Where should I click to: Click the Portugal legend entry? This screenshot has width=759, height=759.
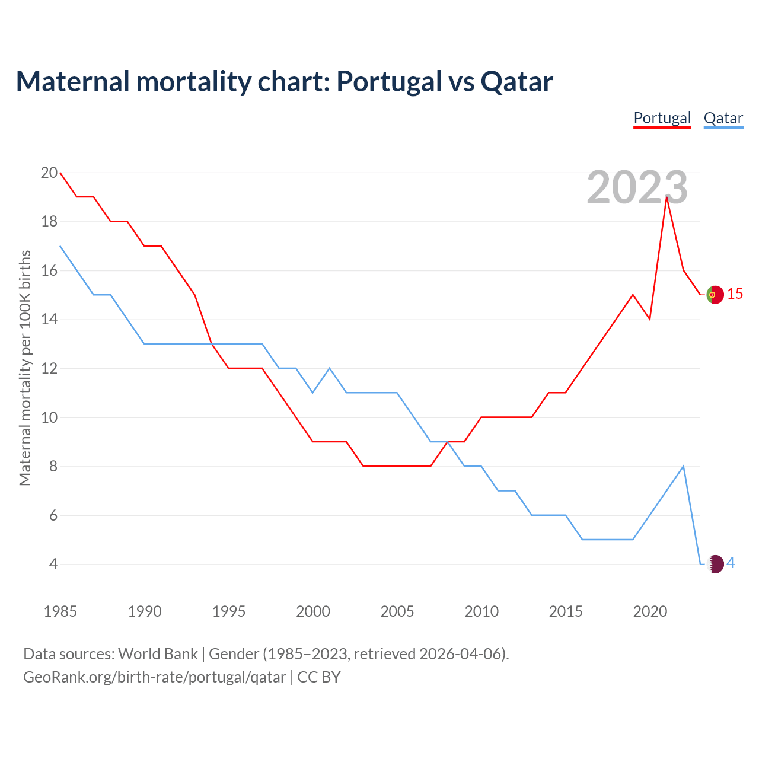662,118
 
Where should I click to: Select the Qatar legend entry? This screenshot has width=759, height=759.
723,118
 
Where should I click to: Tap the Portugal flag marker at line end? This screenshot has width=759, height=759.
715,295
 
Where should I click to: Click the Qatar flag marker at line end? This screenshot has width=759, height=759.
716,564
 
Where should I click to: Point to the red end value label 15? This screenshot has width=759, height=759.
735,294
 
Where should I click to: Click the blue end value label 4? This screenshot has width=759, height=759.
731,563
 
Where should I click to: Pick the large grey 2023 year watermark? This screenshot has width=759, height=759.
637,187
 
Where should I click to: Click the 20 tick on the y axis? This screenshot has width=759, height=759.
49,173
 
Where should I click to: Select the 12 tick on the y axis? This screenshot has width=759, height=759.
49,369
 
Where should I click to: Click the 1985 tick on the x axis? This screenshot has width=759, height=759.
60,611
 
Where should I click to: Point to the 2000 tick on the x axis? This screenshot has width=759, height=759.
313,611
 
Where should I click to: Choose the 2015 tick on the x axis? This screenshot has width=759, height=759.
566,611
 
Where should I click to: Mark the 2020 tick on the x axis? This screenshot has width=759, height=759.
650,611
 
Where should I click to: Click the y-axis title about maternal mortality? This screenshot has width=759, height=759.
25,368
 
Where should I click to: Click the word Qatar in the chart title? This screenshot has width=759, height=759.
516,81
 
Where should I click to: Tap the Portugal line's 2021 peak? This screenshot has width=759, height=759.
667,197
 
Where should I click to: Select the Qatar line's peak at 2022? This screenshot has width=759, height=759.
684,466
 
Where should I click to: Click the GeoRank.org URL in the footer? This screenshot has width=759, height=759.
154,677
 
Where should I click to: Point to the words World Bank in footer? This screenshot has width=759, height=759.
158,654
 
